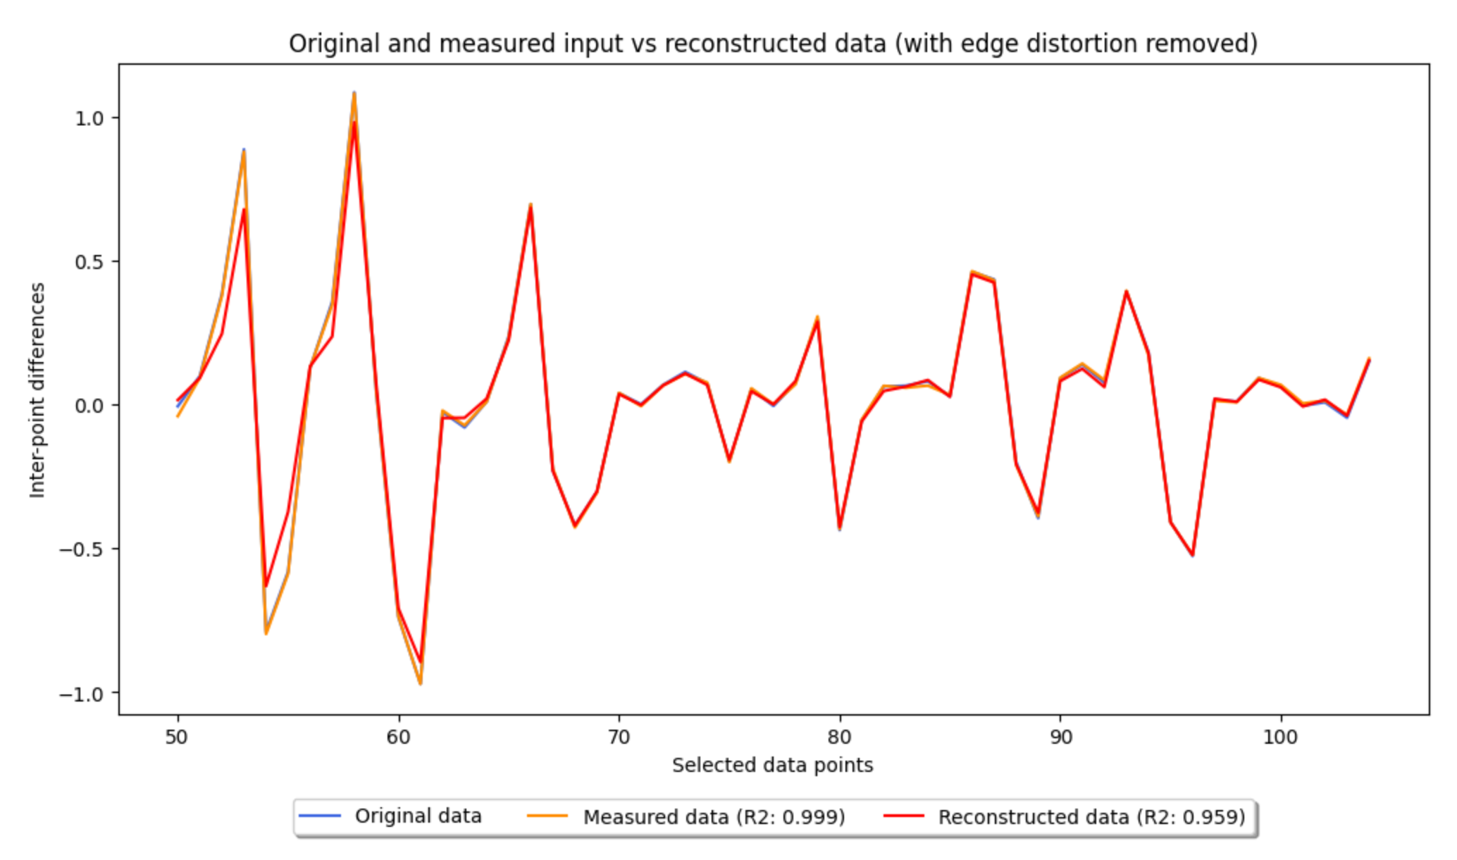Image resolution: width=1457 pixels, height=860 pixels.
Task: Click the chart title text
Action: point(773,44)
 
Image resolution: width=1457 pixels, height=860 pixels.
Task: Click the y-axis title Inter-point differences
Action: point(37,390)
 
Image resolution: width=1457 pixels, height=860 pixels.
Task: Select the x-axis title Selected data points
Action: point(772,765)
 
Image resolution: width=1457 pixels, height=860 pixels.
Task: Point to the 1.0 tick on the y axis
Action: point(89,118)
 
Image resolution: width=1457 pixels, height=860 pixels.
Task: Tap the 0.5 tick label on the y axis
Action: point(89,261)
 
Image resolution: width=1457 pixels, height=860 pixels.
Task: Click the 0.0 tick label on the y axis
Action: point(89,405)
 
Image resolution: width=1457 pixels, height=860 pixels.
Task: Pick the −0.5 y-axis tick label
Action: point(82,549)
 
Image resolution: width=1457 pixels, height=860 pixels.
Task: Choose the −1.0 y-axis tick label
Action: point(82,693)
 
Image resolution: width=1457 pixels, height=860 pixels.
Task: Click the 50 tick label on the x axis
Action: point(177,737)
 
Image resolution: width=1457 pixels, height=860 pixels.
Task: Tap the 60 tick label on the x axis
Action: point(398,737)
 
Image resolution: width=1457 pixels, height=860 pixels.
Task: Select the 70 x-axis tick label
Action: point(619,737)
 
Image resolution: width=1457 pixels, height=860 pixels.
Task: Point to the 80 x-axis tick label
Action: point(840,737)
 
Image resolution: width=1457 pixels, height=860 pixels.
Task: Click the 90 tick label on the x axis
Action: point(1060,737)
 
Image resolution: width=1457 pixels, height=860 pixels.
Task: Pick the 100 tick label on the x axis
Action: point(1280,737)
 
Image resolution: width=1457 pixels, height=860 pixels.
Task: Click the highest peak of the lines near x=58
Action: point(354,94)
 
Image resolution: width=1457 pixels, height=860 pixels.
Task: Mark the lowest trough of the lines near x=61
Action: point(421,683)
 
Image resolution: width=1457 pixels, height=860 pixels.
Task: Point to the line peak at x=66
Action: point(531,205)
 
